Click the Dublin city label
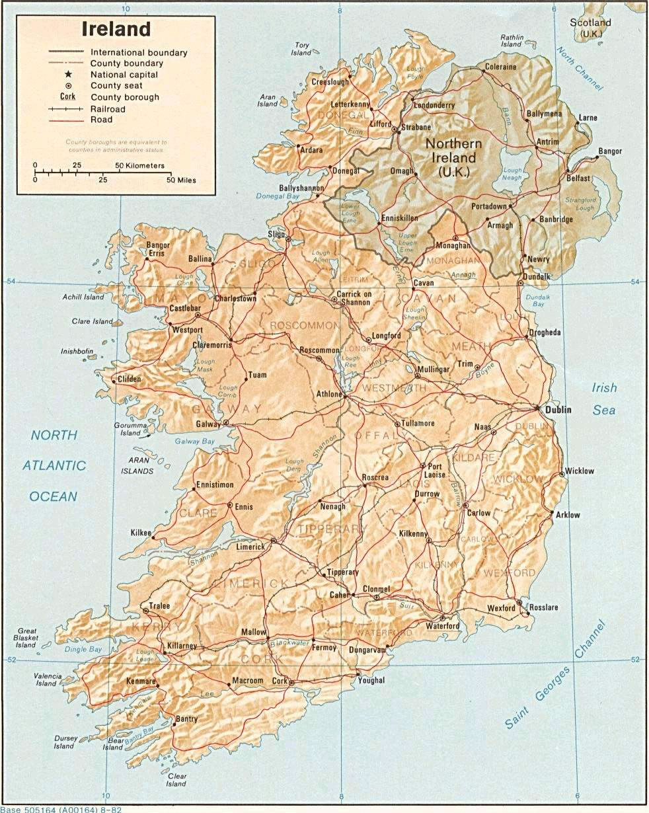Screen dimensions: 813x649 tap(558, 410)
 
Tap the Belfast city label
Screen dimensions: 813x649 tap(578, 178)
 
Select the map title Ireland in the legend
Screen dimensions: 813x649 tap(116, 29)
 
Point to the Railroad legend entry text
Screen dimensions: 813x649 tap(108, 108)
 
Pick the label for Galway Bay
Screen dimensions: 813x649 tap(195, 441)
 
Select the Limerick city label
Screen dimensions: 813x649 tap(250, 547)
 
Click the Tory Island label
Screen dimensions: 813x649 tap(301, 49)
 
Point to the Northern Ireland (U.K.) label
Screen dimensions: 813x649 tap(453, 157)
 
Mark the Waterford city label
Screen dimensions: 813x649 tap(442, 625)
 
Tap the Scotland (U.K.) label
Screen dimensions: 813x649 tap(595, 28)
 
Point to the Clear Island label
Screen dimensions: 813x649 tap(176, 780)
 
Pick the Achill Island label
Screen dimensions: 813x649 tap(84, 297)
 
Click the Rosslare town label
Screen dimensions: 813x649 tap(541, 607)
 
